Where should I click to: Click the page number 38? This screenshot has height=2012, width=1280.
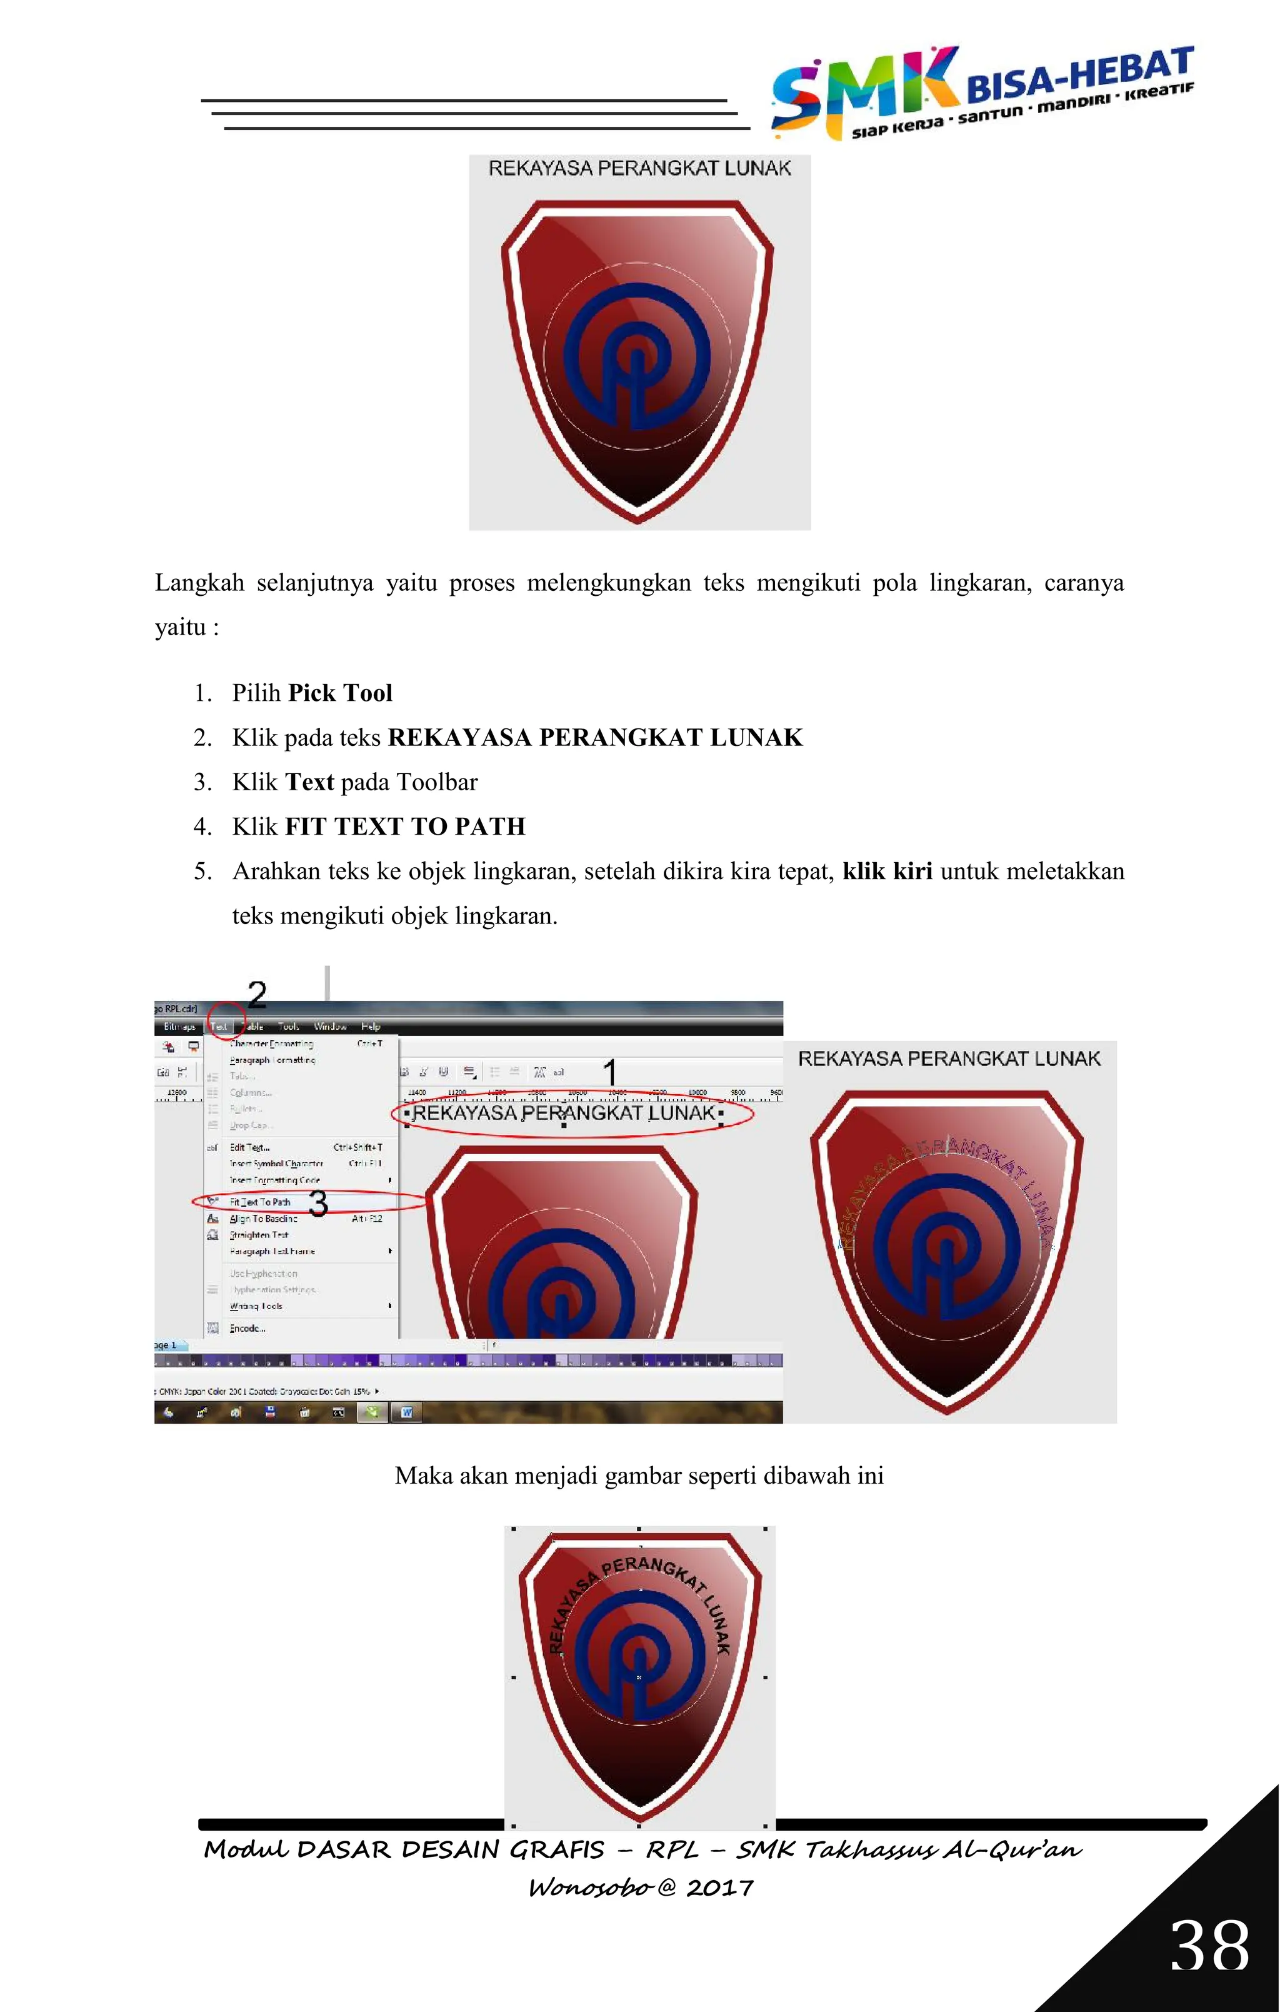1208,1945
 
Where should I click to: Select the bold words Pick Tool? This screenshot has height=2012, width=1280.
340,693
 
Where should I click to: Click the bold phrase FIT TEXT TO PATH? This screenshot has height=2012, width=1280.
405,827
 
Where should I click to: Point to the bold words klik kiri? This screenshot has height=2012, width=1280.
887,872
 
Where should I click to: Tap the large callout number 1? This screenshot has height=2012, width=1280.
611,1072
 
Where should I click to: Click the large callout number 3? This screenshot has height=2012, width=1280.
318,1203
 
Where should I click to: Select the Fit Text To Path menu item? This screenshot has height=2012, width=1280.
260,1202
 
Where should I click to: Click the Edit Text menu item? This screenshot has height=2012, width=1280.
250,1147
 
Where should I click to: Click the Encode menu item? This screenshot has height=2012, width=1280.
247,1328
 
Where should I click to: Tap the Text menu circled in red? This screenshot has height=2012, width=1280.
219,1026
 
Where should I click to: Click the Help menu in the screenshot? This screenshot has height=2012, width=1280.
370,1026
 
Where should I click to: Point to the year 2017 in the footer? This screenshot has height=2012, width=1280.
719,1888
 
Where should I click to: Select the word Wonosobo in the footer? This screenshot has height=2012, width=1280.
590,1888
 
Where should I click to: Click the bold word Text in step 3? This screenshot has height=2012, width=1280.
309,782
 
